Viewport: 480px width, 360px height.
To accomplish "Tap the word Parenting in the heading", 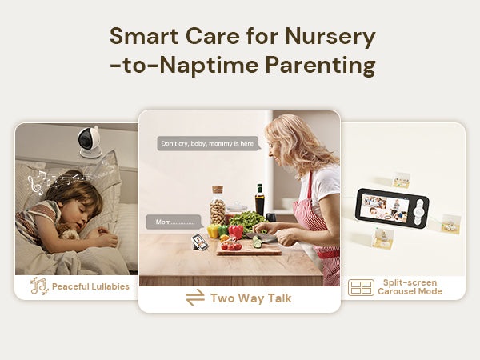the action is [x=320, y=66].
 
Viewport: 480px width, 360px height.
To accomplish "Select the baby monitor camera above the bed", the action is [x=89, y=142].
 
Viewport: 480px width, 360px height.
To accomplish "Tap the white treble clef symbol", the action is [x=34, y=186].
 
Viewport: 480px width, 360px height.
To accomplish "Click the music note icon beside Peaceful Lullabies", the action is [x=39, y=286].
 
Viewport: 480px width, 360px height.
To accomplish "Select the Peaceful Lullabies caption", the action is [x=90, y=286].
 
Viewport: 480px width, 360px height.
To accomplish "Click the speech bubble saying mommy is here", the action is [x=209, y=143].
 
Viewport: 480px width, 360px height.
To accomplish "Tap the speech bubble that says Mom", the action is [x=174, y=222].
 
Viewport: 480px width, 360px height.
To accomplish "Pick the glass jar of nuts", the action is [x=218, y=206].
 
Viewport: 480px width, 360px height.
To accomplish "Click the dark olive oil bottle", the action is [x=259, y=200].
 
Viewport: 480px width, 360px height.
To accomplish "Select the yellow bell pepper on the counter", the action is [x=214, y=231].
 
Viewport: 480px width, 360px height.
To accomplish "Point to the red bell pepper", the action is [x=235, y=232].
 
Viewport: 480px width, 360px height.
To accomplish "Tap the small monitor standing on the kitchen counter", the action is [x=200, y=242].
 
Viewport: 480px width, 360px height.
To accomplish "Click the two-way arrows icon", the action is [x=195, y=298].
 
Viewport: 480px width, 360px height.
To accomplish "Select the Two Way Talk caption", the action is [x=251, y=298].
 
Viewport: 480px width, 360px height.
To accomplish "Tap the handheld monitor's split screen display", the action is [x=385, y=207].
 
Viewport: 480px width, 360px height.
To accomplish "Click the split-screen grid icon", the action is [x=361, y=287].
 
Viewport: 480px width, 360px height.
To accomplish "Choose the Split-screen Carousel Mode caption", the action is [x=410, y=287].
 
